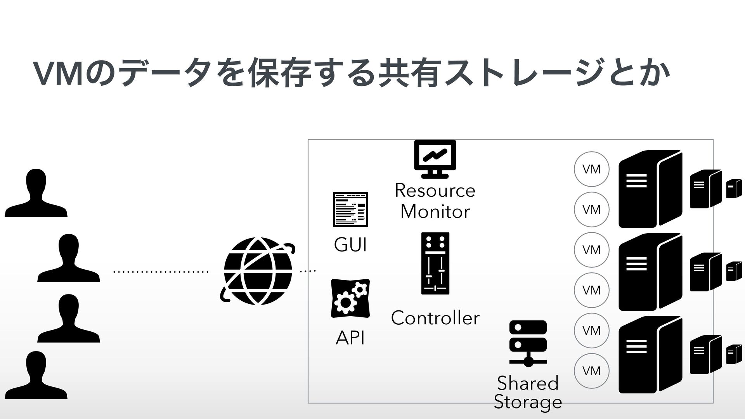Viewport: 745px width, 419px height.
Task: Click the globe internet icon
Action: (x=258, y=271)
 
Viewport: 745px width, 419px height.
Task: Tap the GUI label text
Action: (x=350, y=245)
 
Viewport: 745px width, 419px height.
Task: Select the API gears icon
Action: (x=350, y=298)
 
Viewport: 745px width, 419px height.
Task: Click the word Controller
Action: (x=435, y=318)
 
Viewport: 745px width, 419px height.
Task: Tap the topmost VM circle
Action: (x=591, y=169)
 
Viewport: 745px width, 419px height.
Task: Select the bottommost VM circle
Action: (x=591, y=371)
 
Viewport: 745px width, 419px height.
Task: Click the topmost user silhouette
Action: (x=36, y=193)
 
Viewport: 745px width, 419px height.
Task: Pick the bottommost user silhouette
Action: (x=36, y=375)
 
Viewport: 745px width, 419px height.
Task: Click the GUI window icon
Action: (x=350, y=209)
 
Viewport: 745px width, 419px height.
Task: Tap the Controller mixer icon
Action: (x=435, y=263)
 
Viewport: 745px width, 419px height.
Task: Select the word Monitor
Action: (x=435, y=211)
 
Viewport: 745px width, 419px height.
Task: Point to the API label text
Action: (x=350, y=338)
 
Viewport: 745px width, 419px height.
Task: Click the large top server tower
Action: (x=650, y=189)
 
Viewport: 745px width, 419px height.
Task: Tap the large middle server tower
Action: (x=650, y=272)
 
